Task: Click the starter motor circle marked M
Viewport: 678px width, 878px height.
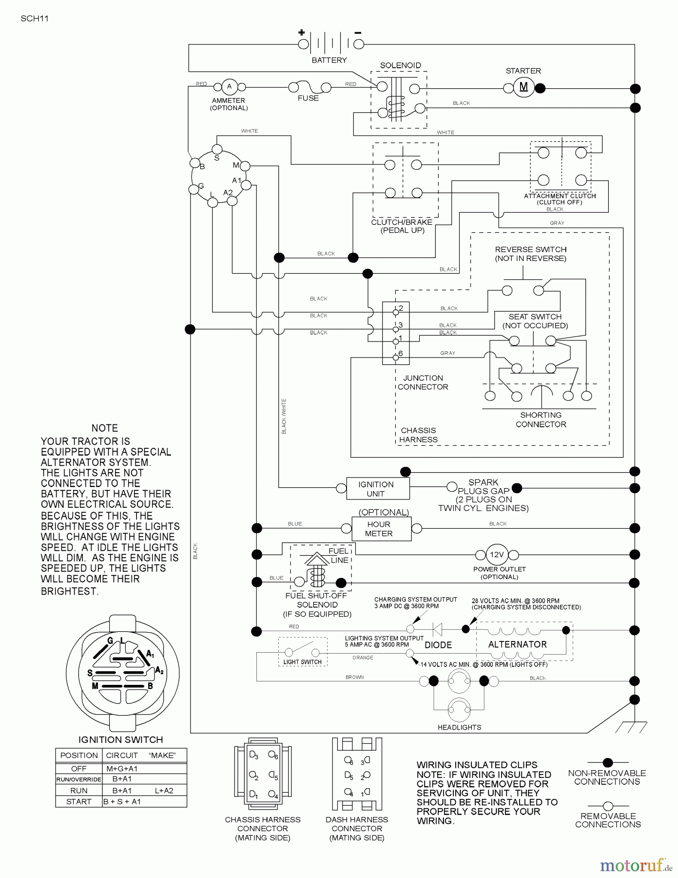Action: [523, 87]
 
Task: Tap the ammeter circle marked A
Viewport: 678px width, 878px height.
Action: [229, 87]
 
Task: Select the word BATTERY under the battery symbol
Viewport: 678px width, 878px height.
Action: [329, 60]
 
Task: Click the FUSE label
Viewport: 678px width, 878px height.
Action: [308, 98]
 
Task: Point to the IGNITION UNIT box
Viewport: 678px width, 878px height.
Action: [376, 489]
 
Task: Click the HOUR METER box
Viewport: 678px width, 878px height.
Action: [379, 529]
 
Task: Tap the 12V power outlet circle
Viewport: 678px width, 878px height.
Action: [496, 555]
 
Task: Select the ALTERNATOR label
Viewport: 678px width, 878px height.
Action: [517, 644]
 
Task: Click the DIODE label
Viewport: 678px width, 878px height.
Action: [438, 645]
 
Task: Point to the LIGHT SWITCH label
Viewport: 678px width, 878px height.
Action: [302, 662]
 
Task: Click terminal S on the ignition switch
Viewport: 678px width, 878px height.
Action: [217, 149]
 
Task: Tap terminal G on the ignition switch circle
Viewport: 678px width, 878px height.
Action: [194, 189]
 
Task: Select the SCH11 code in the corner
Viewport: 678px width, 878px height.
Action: [35, 19]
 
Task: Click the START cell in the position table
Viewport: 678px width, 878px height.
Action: [78, 801]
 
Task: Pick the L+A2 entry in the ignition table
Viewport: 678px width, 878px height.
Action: [164, 790]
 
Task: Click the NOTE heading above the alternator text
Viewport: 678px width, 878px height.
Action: [105, 428]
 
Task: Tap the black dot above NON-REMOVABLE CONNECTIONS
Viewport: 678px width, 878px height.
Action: [607, 762]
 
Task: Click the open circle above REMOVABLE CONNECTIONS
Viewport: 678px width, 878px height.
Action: [608, 806]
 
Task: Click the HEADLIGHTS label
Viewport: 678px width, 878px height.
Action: [459, 727]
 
